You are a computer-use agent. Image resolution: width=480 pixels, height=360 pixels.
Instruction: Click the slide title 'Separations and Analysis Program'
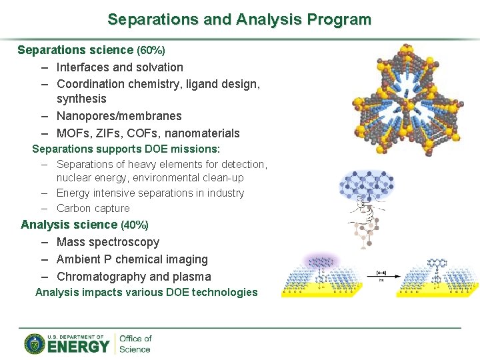239,19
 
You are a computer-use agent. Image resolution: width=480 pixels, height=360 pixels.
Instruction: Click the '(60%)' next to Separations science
151,50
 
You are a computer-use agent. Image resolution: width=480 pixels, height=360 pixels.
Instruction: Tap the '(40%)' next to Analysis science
134,225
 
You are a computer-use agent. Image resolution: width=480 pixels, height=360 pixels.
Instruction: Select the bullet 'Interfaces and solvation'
120,67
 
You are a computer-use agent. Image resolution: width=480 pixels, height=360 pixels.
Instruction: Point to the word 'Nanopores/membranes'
119,116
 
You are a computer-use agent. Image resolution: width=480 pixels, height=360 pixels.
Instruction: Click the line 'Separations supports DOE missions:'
126,149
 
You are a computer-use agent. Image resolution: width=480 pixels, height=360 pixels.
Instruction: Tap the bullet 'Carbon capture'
93,208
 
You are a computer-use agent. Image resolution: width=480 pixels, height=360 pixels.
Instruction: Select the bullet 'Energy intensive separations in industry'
151,193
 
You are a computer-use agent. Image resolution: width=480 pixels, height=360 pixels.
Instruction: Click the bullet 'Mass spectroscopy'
108,242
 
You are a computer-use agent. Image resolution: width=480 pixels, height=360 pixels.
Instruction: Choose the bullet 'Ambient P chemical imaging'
132,259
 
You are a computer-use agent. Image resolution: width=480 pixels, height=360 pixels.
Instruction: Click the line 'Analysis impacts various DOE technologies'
146,292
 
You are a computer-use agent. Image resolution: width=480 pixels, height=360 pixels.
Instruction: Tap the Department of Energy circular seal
35,343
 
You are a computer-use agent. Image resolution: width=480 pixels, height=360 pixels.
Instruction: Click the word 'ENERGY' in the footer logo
79,347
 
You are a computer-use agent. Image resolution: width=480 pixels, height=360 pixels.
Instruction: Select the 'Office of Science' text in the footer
135,343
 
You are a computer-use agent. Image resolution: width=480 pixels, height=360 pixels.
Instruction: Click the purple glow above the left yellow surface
320,261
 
